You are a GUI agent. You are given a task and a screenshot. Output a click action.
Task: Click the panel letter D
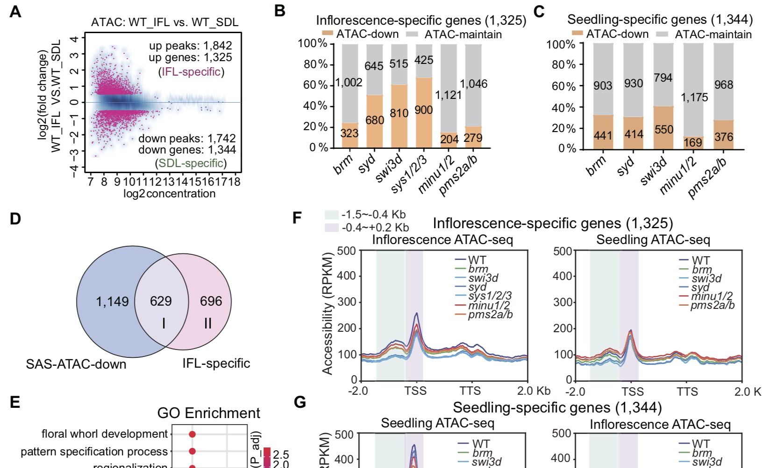pyautogui.click(x=15, y=218)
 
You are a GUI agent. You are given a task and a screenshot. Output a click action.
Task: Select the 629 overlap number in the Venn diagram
pyautogui.click(x=161, y=301)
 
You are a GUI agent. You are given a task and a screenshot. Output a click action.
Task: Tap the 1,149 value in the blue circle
pyautogui.click(x=112, y=302)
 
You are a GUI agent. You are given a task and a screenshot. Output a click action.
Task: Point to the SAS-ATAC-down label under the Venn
pyautogui.click(x=76, y=364)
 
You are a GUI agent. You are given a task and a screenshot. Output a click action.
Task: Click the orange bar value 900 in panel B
pyautogui.click(x=424, y=110)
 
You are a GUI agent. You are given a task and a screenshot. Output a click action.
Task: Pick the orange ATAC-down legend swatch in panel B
pyautogui.click(x=328, y=34)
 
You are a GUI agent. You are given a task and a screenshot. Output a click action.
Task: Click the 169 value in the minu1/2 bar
pyautogui.click(x=693, y=142)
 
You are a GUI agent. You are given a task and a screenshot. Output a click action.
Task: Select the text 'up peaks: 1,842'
pyautogui.click(x=190, y=46)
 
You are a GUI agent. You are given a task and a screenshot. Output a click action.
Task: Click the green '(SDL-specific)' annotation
pyautogui.click(x=191, y=163)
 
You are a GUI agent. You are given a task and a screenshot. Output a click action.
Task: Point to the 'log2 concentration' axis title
pyautogui.click(x=170, y=194)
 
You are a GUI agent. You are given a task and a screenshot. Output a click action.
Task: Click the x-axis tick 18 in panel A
pyautogui.click(x=235, y=182)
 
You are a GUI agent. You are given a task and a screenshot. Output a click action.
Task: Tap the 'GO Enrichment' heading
pyautogui.click(x=208, y=413)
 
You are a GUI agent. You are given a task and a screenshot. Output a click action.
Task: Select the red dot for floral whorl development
pyautogui.click(x=192, y=434)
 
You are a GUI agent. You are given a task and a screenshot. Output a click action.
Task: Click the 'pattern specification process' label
pyautogui.click(x=94, y=452)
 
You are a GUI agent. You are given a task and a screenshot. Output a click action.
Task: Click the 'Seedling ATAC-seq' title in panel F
pyautogui.click(x=653, y=240)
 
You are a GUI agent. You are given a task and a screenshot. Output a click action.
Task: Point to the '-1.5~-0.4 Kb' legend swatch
pyautogui.click(x=332, y=215)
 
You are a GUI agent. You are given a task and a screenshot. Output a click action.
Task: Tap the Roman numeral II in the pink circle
pyautogui.click(x=208, y=323)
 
